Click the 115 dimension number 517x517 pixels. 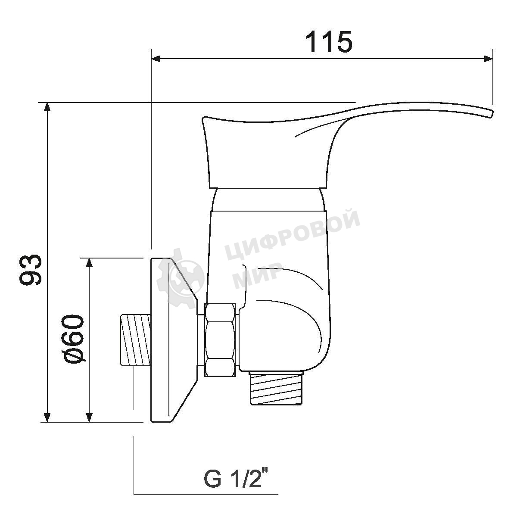329,42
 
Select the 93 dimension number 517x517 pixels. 31,269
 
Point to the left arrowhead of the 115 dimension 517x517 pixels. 156,59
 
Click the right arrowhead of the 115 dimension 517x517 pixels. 488,59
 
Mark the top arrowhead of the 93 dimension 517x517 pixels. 47,107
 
